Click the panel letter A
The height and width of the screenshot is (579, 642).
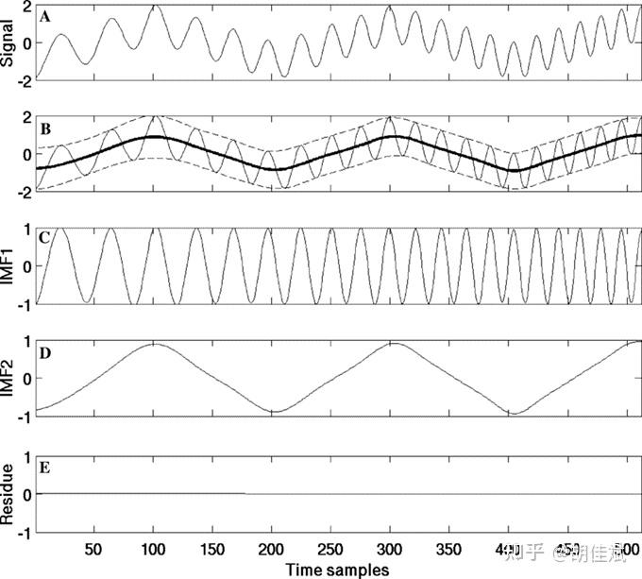[44, 15]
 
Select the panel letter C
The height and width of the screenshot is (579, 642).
[44, 238]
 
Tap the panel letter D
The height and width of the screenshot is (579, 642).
[44, 352]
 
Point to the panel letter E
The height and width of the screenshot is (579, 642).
[44, 465]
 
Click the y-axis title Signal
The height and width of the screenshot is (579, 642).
[8, 43]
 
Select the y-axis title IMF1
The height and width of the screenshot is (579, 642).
[8, 266]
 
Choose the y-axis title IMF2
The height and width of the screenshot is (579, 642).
[8, 379]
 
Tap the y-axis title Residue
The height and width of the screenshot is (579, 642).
[8, 492]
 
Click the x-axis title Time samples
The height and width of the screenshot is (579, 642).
[337, 569]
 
